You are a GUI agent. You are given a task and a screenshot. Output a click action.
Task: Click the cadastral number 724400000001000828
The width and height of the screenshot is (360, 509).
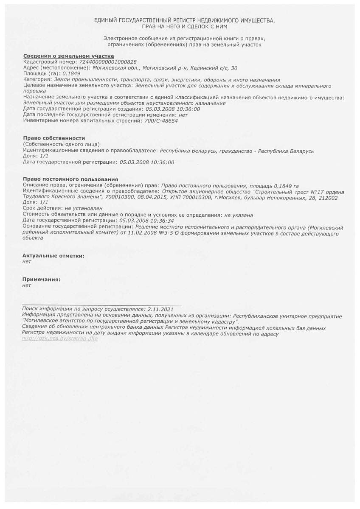tap(108, 62)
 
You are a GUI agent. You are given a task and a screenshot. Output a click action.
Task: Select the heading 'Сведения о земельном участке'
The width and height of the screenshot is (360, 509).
tap(68, 56)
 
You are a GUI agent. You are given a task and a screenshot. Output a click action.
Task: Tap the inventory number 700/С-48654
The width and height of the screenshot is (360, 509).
tap(161, 121)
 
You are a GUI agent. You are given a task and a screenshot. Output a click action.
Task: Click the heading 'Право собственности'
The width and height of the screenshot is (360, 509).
tap(53, 138)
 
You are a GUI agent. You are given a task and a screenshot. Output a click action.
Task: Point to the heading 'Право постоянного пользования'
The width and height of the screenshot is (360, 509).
tap(70, 179)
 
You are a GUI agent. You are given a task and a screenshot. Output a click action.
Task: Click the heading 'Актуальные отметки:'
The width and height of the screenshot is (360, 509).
tap(53, 256)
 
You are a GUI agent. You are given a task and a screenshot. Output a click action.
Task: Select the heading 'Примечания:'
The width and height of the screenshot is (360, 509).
tap(41, 280)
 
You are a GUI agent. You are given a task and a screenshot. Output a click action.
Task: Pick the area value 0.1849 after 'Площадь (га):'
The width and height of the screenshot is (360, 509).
tap(71, 73)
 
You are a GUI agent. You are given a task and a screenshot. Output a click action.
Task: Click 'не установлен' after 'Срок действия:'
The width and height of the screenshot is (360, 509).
tap(84, 209)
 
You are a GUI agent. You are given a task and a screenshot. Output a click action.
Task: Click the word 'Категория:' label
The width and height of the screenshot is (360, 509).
tap(37, 79)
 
